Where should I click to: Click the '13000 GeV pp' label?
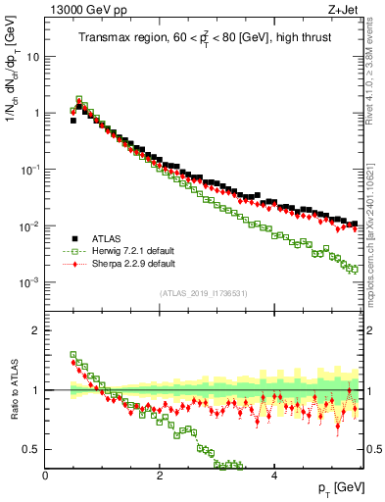pyautogui.click(x=79, y=10)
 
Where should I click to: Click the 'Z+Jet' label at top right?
pyautogui.click(x=348, y=10)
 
